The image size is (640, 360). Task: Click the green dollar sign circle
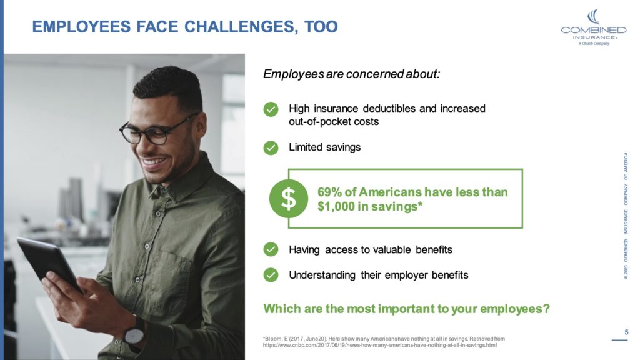[288, 198]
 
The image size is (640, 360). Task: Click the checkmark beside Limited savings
[271, 148]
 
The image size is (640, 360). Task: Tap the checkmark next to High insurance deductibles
[271, 110]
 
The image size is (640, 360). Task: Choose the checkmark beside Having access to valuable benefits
[271, 249]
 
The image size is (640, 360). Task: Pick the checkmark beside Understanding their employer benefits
[271, 275]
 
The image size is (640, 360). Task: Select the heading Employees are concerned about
[352, 74]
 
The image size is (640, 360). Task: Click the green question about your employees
[406, 309]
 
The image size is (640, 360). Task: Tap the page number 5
[626, 332]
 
